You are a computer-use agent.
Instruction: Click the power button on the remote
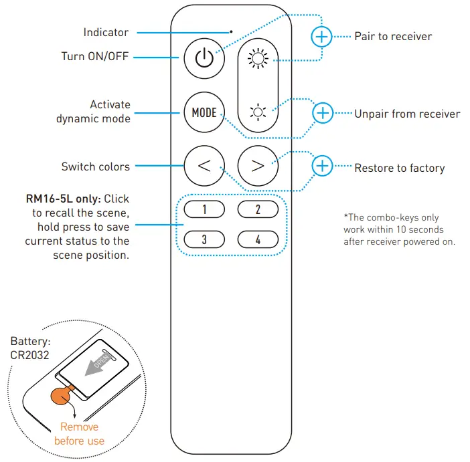204,58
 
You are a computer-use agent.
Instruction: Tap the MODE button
204,112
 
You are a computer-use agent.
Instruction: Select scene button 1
204,210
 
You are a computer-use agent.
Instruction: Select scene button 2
258,210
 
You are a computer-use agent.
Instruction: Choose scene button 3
204,239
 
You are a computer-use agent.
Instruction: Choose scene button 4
258,239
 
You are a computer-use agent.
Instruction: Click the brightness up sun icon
258,59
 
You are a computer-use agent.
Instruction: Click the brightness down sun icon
258,111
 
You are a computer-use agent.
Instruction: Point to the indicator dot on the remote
231,31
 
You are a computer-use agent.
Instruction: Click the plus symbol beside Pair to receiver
322,36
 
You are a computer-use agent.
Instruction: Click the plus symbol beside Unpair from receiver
323,113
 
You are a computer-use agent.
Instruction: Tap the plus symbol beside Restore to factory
323,166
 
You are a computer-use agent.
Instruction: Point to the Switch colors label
96,166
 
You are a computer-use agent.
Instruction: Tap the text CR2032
29,356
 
